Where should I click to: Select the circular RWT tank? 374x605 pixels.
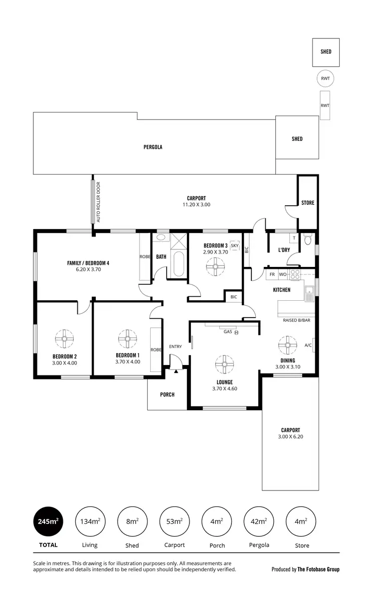coord(325,78)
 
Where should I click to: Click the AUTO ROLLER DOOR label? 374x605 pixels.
coord(98,202)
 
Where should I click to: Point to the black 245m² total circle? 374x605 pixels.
coord(48,522)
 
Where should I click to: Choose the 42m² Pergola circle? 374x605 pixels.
coord(259,522)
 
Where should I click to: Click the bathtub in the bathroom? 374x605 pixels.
coord(179,263)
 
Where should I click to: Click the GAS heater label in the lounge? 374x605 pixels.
coord(228,332)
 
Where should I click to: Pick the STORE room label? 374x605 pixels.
coord(308,203)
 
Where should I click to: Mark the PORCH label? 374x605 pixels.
coord(167,394)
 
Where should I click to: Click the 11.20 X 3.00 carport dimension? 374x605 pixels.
coord(196,205)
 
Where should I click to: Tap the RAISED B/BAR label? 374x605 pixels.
coord(296,320)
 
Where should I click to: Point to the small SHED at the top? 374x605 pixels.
coord(326,52)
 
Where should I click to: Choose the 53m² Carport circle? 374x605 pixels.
coord(175,522)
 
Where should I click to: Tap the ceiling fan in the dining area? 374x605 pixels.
coord(287,344)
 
